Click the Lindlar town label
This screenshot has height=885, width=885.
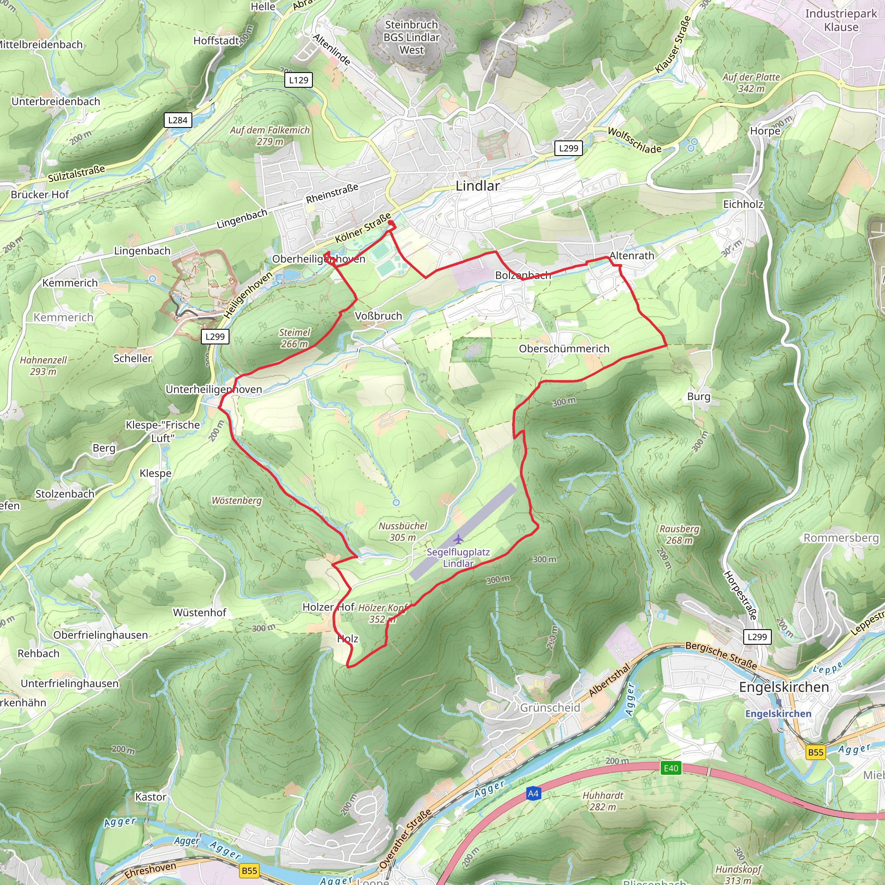(478, 186)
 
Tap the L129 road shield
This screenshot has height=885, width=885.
(299, 80)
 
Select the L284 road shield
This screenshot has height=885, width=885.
(178, 120)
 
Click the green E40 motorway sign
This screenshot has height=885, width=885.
(671, 768)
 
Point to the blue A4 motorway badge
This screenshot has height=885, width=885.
(533, 793)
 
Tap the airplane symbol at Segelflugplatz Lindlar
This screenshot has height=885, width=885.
(458, 539)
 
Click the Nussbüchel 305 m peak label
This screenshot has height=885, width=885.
(403, 532)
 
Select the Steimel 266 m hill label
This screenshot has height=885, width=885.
(295, 338)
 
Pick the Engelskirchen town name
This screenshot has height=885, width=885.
(784, 687)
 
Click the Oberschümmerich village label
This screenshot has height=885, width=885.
(564, 349)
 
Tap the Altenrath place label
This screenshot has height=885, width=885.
(632, 256)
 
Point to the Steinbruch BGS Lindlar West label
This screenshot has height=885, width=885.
(411, 38)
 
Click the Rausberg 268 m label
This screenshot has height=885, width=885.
(679, 535)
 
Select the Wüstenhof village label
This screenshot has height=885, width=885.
(199, 612)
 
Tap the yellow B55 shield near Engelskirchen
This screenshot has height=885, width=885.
(815, 752)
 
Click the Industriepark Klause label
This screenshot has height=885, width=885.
(840, 20)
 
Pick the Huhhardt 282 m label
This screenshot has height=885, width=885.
(603, 801)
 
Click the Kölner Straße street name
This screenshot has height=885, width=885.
(363, 228)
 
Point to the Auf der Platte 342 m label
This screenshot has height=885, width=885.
(751, 83)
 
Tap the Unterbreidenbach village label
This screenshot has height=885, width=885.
(56, 101)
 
